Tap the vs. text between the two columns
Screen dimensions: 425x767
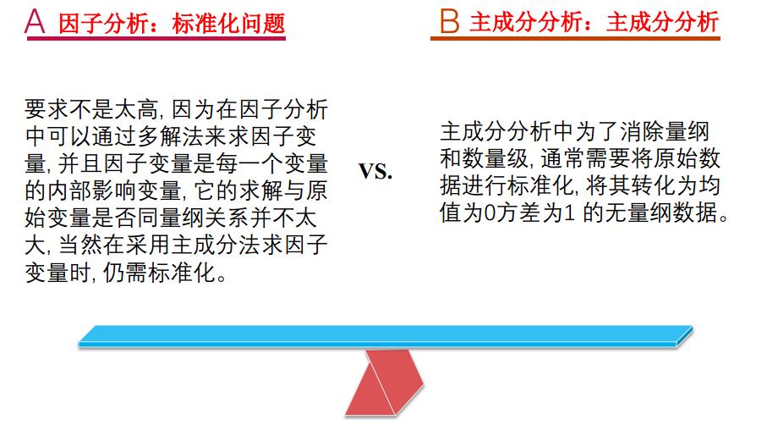[375, 171]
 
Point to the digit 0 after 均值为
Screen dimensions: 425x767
[490, 213]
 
